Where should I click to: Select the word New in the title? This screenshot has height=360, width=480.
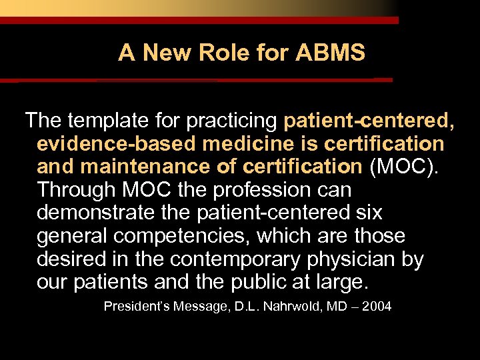tap(166, 53)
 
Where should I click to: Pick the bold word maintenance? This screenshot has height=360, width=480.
tap(146, 166)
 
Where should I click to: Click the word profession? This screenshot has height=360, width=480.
tap(269, 189)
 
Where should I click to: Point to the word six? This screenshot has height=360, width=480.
tap(367, 212)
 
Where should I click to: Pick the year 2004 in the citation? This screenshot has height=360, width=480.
tap(377, 307)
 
